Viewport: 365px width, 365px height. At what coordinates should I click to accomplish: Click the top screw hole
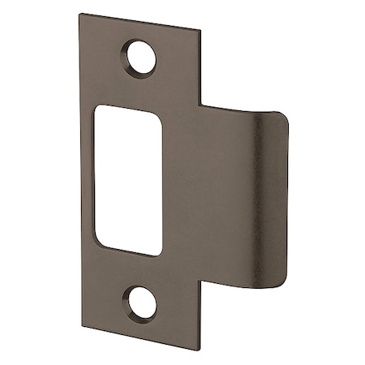[144, 57]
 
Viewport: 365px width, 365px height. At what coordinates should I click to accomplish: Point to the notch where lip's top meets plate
[201, 103]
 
